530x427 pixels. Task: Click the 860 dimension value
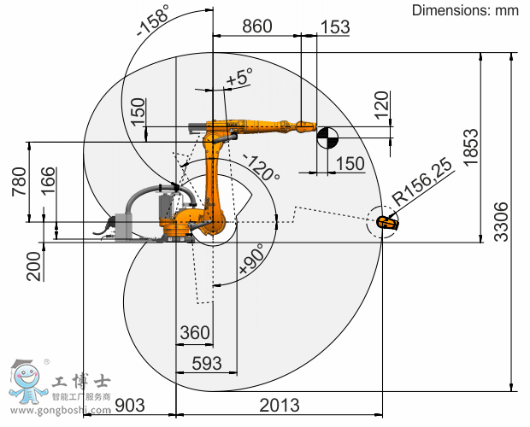[257, 26]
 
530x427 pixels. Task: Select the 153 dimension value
[335, 27]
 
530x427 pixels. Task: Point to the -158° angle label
[152, 21]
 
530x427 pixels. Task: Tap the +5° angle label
[239, 77]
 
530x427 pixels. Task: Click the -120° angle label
[262, 167]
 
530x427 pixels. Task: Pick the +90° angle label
[251, 259]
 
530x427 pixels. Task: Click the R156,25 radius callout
[422, 182]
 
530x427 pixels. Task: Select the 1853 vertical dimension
[471, 147]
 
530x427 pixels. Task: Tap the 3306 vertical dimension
[501, 221]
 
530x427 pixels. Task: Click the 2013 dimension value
[280, 405]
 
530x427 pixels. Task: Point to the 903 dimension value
[130, 405]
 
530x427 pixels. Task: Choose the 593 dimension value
[207, 363]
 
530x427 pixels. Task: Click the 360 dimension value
[195, 332]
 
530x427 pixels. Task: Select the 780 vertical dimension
[19, 181]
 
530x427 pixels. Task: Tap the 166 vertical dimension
[49, 180]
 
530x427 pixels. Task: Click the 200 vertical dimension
[34, 266]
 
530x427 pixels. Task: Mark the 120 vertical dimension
[382, 105]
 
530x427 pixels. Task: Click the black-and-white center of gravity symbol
[327, 137]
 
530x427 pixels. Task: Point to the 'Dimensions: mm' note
[465, 10]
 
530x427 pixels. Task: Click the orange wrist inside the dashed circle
[388, 223]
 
